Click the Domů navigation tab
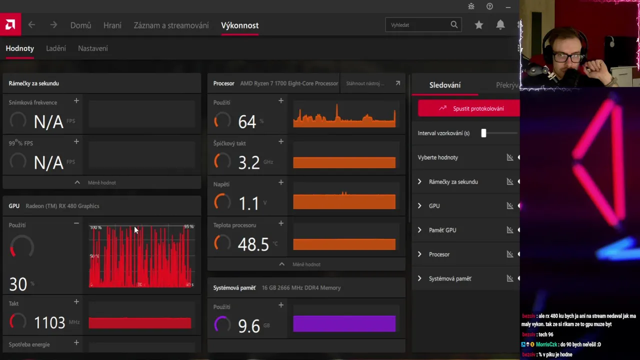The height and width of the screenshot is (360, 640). (80, 25)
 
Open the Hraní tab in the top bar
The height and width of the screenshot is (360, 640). (112, 25)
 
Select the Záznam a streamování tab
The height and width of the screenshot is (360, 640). (171, 25)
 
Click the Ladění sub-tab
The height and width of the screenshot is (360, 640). (56, 48)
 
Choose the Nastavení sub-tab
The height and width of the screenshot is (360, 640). (93, 48)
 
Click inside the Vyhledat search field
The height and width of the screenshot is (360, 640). (417, 25)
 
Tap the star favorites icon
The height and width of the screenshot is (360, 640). (479, 25)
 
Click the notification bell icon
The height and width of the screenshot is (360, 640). (500, 25)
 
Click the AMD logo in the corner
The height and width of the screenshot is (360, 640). (10, 25)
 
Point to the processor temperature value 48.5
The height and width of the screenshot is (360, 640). (253, 244)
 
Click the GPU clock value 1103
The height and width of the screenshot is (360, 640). (49, 323)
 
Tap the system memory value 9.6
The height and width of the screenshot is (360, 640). (249, 326)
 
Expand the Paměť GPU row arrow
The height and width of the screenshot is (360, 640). (419, 230)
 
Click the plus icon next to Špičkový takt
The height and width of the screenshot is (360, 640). (281, 142)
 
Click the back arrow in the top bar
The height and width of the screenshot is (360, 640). (31, 25)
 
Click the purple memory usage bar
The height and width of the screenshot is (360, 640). (344, 324)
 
